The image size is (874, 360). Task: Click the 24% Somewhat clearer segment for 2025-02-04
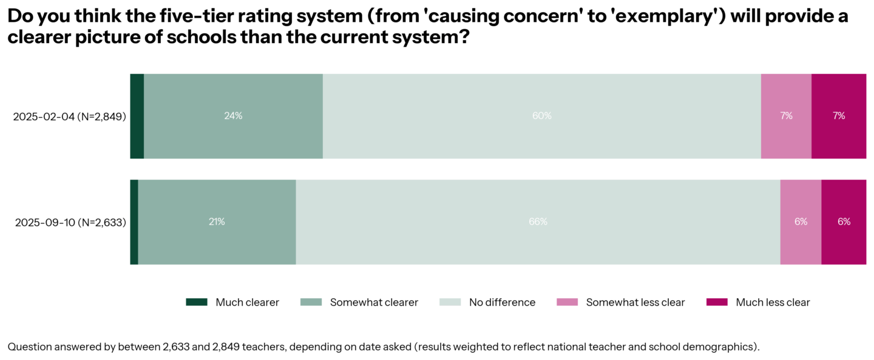coord(233,116)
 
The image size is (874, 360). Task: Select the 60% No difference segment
coord(541,116)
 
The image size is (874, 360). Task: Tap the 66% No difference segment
coord(538,222)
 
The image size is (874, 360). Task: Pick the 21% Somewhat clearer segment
coord(217,222)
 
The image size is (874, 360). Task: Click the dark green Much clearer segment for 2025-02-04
coord(137,116)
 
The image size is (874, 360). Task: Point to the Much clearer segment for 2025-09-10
coord(134,222)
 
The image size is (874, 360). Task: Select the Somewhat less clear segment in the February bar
coord(786,116)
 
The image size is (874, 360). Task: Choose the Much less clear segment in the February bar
coord(839,116)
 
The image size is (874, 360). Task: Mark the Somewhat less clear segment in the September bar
coord(801,222)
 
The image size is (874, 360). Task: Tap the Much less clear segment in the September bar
coord(844,222)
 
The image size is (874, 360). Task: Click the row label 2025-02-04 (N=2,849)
coord(69,117)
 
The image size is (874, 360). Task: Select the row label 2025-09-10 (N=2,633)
coord(70,223)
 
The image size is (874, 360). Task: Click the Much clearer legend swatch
coord(197,302)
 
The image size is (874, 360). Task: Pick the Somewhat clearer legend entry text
coord(374,302)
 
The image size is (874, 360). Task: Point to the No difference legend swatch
coord(450,302)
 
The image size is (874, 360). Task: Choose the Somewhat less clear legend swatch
coord(567,302)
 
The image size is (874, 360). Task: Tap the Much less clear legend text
coord(773,302)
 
